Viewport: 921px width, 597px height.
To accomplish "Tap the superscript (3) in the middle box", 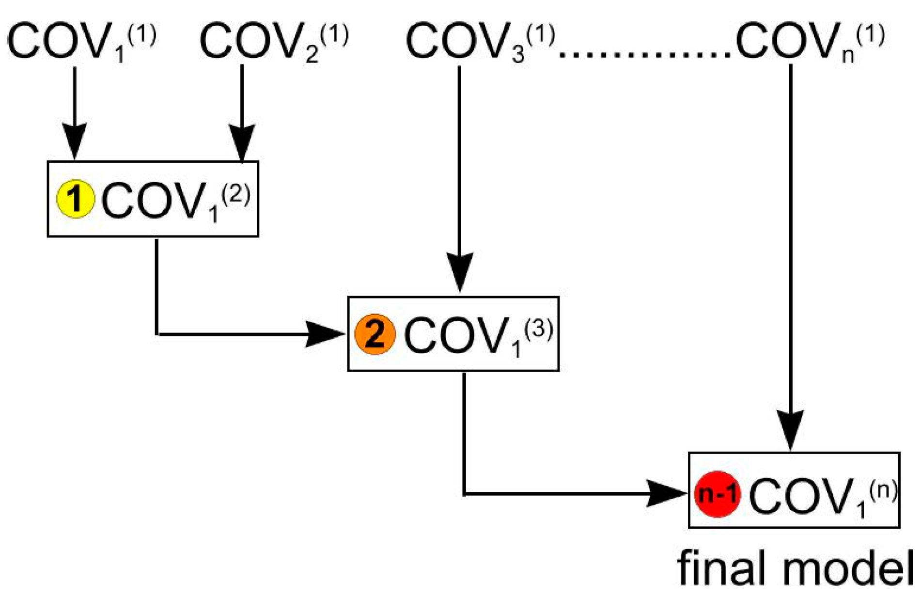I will (x=539, y=330).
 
